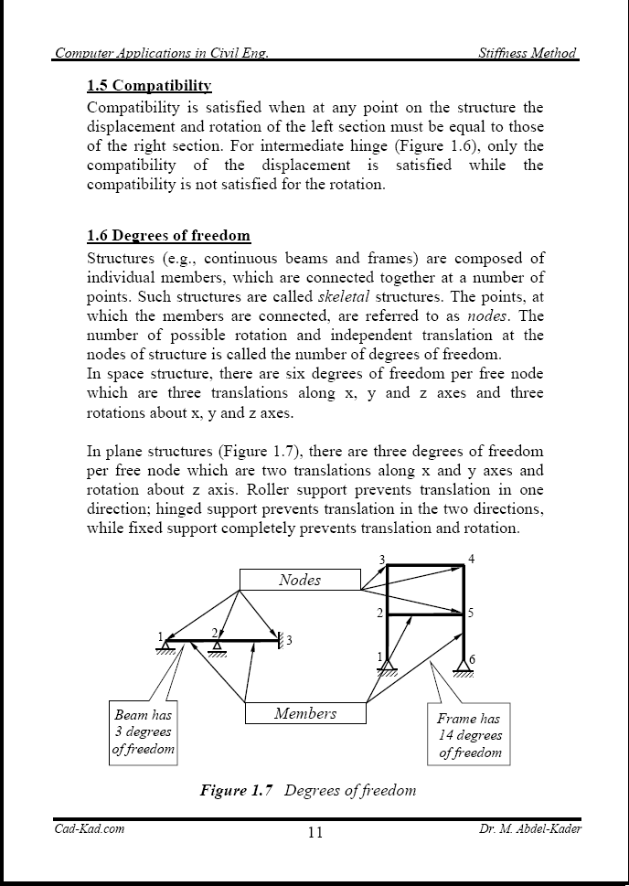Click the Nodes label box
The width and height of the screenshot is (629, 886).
300,580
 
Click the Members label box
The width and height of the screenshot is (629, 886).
305,713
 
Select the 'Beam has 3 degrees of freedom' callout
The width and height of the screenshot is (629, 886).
143,732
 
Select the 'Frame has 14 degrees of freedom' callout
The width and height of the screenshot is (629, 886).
469,735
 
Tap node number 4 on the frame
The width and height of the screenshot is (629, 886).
471,559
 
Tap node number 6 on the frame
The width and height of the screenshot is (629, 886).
472,659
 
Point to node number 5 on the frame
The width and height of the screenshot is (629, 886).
470,614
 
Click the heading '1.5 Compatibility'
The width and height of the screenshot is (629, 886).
149,86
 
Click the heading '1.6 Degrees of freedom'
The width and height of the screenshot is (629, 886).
168,236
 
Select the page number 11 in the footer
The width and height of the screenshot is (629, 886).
314,832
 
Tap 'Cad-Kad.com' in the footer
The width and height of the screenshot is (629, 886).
90,828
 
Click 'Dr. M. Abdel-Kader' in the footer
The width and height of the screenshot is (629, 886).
529,828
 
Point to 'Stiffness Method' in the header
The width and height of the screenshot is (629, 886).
528,53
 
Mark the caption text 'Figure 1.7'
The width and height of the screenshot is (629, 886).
237,790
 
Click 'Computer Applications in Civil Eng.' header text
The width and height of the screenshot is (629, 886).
161,53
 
